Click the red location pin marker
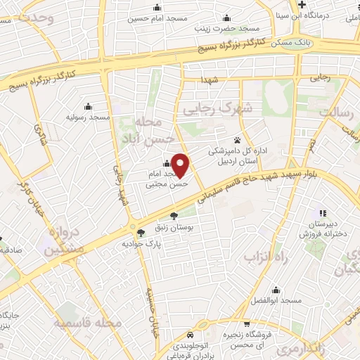coord(181,165)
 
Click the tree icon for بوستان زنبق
coord(174,216)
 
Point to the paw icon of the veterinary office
coord(237,139)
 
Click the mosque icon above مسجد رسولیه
coord(87,107)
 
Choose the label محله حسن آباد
coord(146,129)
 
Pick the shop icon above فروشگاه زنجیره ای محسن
coord(247,324)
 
